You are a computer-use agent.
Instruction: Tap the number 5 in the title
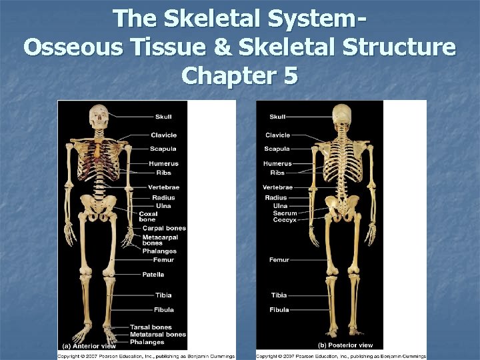tap(290, 76)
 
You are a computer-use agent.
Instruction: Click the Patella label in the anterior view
tap(153, 275)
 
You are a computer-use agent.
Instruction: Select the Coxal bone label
tap(148, 217)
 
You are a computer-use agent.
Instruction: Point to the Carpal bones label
tap(164, 228)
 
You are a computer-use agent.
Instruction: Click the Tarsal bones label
tap(151, 327)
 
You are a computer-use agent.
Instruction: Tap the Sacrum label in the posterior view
tap(285, 213)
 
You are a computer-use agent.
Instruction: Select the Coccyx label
tap(285, 220)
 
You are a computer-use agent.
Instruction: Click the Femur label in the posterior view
tap(279, 260)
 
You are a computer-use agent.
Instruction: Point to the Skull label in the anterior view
tap(163, 118)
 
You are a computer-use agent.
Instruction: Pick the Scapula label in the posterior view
tap(277, 149)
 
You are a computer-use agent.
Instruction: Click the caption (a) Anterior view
tap(89, 346)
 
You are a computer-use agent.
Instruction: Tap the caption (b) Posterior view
tap(345, 345)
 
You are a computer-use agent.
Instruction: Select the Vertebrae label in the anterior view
tap(163, 187)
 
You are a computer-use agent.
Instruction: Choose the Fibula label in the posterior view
tap(279, 310)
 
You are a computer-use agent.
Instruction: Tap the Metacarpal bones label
tap(160, 239)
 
